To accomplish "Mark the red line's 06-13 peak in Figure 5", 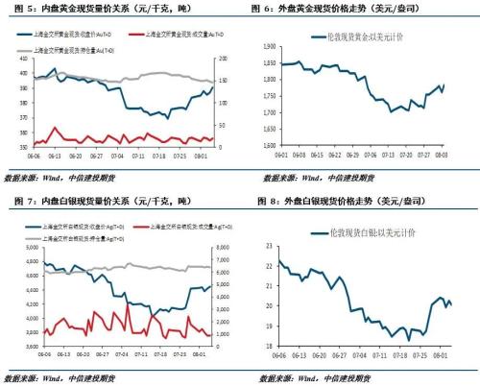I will (54, 128).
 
